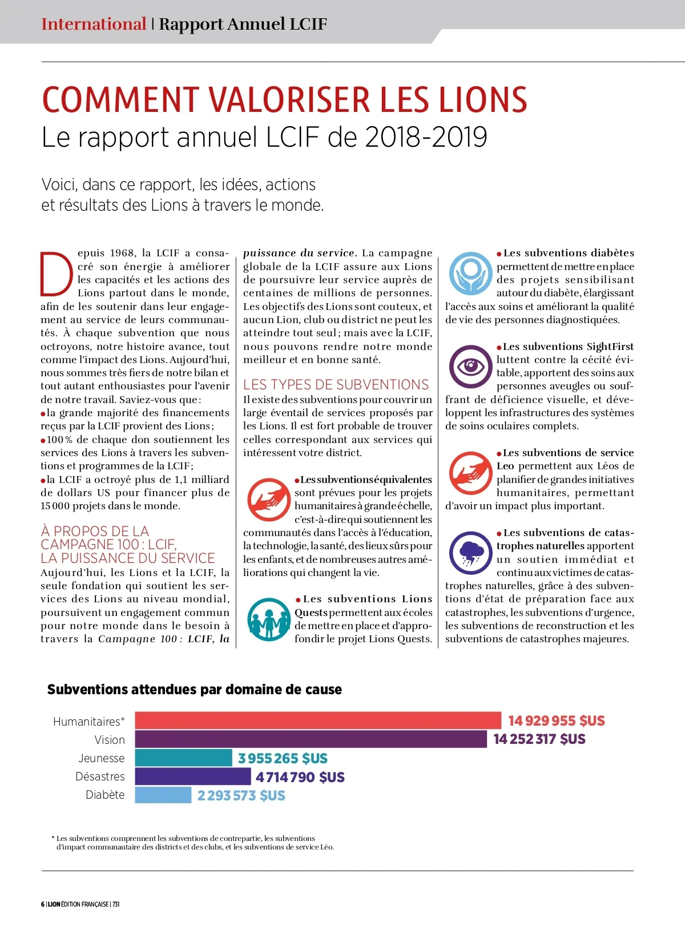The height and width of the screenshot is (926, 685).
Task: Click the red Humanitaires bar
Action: coord(318,720)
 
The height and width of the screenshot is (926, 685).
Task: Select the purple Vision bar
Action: coord(311,739)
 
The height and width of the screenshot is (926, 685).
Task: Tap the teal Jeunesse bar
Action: coord(184,758)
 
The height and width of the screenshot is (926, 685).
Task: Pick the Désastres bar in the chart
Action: coord(193,776)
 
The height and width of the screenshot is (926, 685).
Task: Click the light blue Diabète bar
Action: coord(163,795)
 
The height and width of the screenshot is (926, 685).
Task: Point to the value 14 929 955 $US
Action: coord(557,721)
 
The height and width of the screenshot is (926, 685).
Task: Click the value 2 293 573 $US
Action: coord(241,795)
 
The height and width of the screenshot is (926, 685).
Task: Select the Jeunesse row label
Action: coord(102,758)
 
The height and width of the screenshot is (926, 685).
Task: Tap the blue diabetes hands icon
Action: coord(470,273)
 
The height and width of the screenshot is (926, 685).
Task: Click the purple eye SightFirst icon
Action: coord(470,367)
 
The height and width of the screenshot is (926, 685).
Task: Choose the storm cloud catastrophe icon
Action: coord(470,553)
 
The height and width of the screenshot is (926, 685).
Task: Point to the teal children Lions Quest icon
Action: coord(269,619)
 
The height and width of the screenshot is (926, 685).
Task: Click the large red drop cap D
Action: coord(57,273)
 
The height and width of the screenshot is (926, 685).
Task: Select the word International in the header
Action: coord(94,24)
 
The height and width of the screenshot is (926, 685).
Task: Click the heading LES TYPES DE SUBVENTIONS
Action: coord(336,385)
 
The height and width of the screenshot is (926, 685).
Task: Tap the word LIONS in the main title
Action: coord(483,100)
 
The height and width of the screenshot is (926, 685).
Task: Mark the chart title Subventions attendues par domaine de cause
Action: coord(195,690)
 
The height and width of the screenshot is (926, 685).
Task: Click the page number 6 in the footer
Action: coord(43,904)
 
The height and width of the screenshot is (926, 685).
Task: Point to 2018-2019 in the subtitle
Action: coord(426,137)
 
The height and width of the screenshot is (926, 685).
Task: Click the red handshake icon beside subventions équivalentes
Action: coord(269,500)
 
